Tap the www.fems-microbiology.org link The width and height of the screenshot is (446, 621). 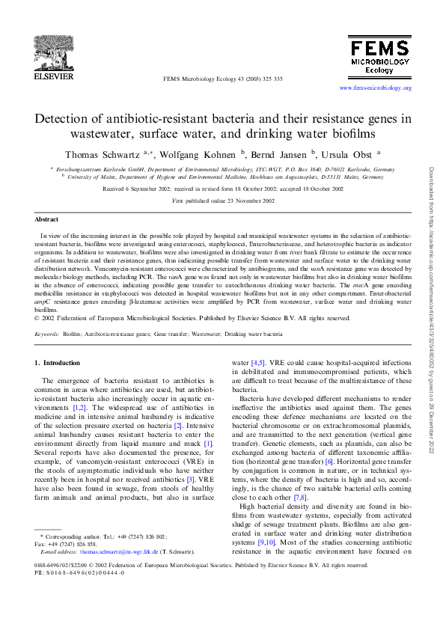click(376, 88)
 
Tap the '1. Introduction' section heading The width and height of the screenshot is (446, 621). click(58, 363)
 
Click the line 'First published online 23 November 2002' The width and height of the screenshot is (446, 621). click(222, 201)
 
